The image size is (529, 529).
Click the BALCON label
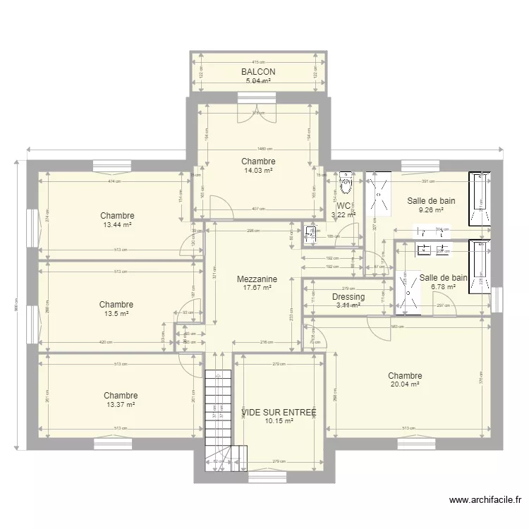(257, 72)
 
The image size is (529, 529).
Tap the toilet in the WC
(346, 184)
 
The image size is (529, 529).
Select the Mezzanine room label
(257, 279)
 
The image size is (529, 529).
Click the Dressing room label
(348, 297)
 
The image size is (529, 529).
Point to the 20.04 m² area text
(405, 385)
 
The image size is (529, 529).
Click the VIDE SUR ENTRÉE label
(278, 412)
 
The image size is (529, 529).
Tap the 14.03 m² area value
(258, 170)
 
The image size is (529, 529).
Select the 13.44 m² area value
(117, 225)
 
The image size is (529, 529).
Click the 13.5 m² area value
(116, 314)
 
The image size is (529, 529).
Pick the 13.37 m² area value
(120, 405)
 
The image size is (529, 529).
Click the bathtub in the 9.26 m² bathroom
(480, 198)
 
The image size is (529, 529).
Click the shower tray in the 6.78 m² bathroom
(407, 291)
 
